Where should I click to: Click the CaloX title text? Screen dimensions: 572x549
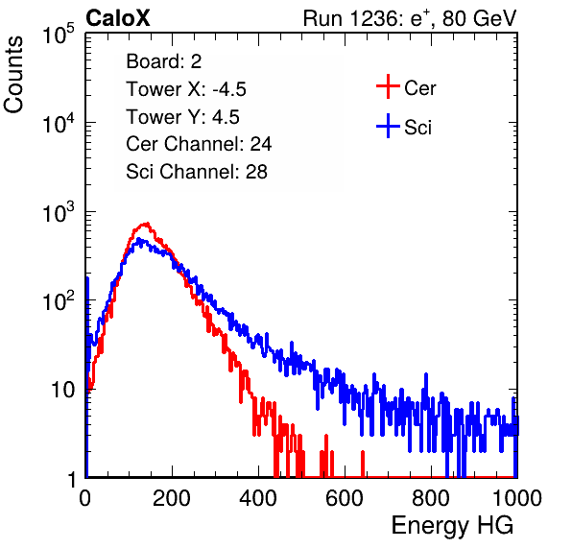click(x=118, y=18)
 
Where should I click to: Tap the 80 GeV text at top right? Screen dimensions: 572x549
click(x=480, y=18)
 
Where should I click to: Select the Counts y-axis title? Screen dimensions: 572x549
click(x=13, y=75)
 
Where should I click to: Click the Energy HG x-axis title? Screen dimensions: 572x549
click(x=452, y=525)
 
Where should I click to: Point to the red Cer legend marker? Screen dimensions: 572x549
click(x=388, y=86)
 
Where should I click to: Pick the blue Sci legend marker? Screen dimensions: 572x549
click(x=388, y=126)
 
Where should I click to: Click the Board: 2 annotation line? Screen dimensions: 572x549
click(x=164, y=61)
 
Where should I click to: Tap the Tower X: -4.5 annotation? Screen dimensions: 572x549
click(x=186, y=89)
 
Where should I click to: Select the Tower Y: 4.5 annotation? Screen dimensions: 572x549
click(x=182, y=117)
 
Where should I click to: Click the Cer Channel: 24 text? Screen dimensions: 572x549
click(x=199, y=144)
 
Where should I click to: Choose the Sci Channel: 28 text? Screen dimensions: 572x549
click(x=197, y=172)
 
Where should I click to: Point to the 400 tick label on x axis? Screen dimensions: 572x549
click(x=258, y=498)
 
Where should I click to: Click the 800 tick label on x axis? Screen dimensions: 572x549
click(x=431, y=498)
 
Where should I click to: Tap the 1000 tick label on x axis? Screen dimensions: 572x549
click(x=517, y=498)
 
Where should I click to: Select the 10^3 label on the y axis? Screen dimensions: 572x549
click(x=59, y=212)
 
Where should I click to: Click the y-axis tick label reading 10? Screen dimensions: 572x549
click(x=62, y=391)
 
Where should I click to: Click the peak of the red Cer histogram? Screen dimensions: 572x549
click(x=147, y=224)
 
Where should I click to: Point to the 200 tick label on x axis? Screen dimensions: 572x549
click(x=172, y=498)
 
